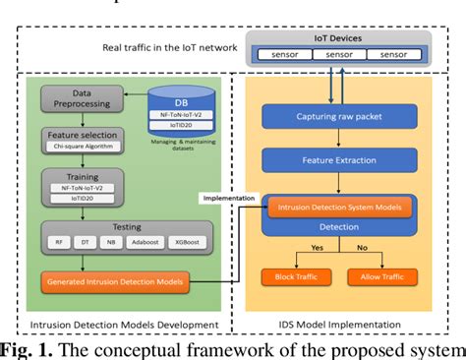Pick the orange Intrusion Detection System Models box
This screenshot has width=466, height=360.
tap(341, 208)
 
